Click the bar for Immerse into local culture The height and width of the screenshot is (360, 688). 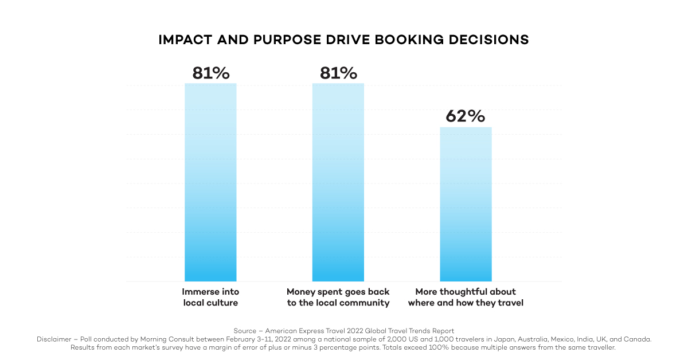(x=210, y=182)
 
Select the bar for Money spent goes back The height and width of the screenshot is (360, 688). (x=338, y=182)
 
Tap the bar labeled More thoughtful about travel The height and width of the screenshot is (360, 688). (x=466, y=204)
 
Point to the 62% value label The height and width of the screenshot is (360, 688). (x=466, y=116)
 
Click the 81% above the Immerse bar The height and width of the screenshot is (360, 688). (x=210, y=73)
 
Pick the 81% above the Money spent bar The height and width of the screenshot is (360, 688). (x=338, y=73)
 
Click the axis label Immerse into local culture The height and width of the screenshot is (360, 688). (x=210, y=297)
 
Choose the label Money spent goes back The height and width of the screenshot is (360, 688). (x=338, y=297)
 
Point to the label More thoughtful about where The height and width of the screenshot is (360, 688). (x=466, y=297)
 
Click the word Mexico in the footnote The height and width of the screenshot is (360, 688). (x=545, y=339)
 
